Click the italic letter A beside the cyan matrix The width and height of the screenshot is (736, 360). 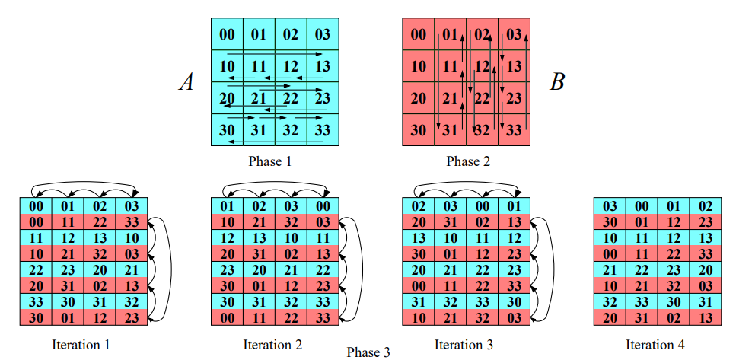coord(186,81)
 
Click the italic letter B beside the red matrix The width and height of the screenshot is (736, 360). coord(557,81)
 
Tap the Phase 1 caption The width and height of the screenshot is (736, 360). coord(269,161)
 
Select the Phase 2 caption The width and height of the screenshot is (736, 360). coord(468,161)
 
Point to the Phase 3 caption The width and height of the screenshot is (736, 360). coord(368,352)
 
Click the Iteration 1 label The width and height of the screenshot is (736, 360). coord(81,345)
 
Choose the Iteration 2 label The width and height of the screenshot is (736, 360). coord(272,345)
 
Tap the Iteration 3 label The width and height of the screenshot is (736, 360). coord(464,345)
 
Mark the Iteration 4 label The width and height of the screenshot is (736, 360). coord(655,345)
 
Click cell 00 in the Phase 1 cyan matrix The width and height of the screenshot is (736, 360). coord(227,34)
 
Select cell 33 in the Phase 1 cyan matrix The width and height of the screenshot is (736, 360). coord(322,129)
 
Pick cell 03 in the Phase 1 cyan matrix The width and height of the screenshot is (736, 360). coord(322,34)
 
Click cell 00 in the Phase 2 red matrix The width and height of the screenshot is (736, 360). coord(418,34)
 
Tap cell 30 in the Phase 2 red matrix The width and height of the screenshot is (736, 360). coord(418,129)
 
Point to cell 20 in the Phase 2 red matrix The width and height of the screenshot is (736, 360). coord(418,97)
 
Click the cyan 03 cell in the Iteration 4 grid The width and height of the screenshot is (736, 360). coord(610,205)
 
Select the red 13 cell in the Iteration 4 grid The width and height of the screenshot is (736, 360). coord(705,317)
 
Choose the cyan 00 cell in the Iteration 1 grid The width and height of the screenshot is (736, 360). coord(36,205)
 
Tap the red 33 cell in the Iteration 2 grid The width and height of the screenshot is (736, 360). coord(322,317)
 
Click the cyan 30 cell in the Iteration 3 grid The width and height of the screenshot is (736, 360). coord(514,301)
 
